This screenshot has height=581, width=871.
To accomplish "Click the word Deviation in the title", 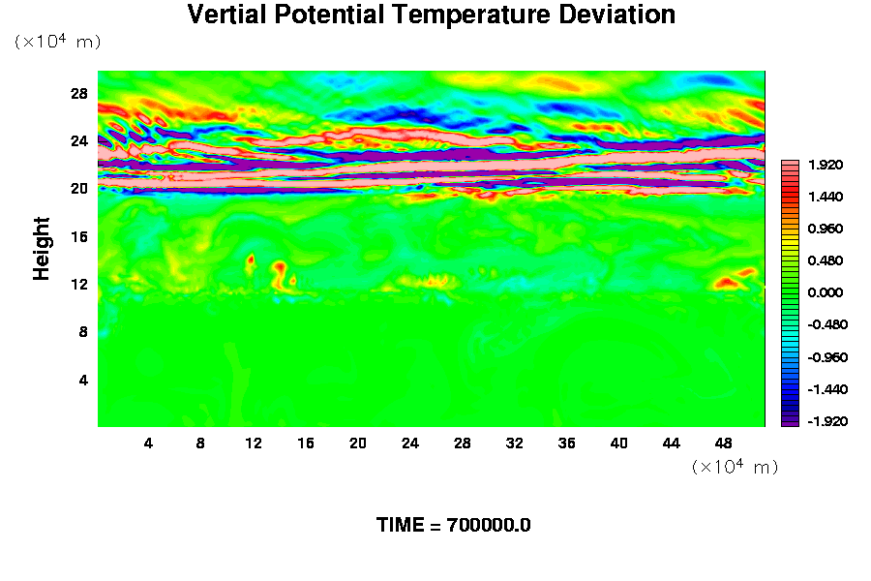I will [x=618, y=15].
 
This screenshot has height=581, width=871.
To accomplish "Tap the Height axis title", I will [x=42, y=260].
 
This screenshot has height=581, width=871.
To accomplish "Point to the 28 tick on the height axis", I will [x=79, y=93].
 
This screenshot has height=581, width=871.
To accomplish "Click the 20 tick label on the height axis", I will [x=79, y=188].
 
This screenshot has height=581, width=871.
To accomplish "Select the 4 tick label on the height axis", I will [x=83, y=380].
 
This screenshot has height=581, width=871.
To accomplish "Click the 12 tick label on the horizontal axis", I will [x=254, y=443].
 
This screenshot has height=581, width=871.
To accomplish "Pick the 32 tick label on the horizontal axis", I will [x=515, y=443].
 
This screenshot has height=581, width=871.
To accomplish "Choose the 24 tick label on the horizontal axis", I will [x=410, y=443].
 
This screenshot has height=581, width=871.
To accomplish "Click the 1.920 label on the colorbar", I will [x=827, y=165].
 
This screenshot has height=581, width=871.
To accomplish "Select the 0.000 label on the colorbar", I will [x=827, y=292].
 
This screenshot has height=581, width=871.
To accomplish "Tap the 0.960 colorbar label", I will [x=827, y=229].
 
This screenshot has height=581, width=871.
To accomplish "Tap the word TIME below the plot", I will [x=401, y=526].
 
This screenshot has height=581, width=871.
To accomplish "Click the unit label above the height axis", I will [x=57, y=42].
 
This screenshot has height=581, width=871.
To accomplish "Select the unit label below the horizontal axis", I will [x=736, y=467].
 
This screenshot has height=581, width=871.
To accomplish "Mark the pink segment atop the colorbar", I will [x=790, y=165].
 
